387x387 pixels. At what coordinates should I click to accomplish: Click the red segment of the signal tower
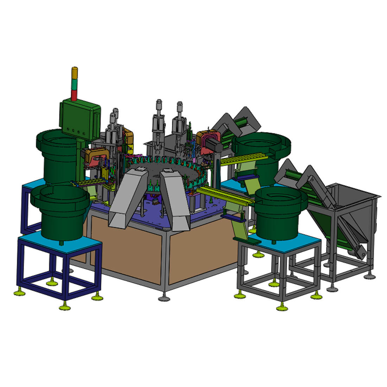(x=74, y=95)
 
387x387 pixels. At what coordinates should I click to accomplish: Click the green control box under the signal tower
(x=80, y=118)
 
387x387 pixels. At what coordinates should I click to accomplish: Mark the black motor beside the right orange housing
(x=215, y=144)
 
